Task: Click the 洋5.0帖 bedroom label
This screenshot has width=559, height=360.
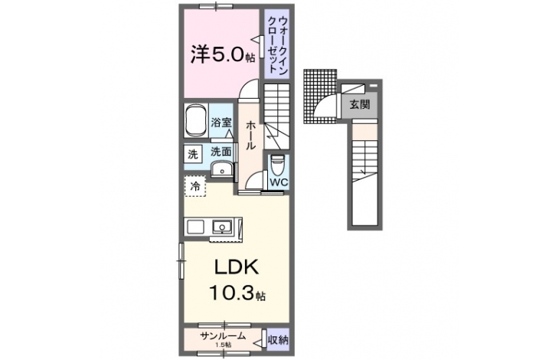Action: click(x=223, y=55)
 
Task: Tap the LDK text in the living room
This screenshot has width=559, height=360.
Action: click(x=237, y=267)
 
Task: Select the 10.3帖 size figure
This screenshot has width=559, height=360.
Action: click(x=237, y=293)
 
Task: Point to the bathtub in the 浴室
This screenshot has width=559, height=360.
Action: click(x=196, y=120)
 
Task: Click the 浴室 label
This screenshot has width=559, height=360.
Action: click(x=221, y=123)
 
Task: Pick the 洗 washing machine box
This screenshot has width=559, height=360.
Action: click(x=193, y=154)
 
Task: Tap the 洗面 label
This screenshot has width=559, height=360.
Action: click(x=221, y=152)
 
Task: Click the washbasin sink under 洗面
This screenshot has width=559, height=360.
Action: click(x=222, y=170)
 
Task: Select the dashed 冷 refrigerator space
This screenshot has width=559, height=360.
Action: click(x=195, y=186)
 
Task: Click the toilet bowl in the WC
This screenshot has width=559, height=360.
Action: click(x=276, y=164)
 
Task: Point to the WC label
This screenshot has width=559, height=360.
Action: click(x=279, y=182)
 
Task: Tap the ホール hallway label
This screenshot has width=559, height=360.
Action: click(x=250, y=135)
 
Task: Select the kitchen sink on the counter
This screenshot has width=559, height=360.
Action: click(x=223, y=227)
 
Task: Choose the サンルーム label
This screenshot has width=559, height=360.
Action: click(x=223, y=335)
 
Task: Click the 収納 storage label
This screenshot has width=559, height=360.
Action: click(x=278, y=340)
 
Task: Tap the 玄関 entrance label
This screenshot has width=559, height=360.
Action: click(x=359, y=105)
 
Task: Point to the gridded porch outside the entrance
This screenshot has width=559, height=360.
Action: click(x=320, y=97)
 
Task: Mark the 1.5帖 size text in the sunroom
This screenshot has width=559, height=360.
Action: click(x=223, y=345)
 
